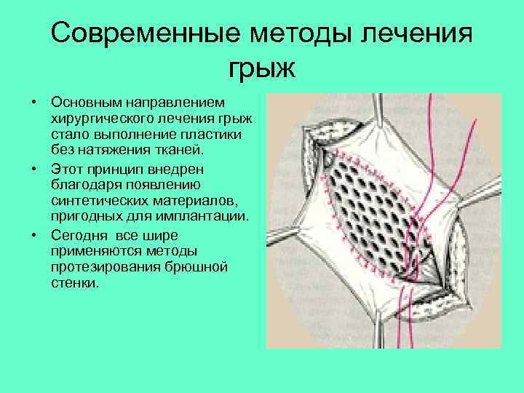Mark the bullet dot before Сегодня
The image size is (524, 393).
pos(34,235)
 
